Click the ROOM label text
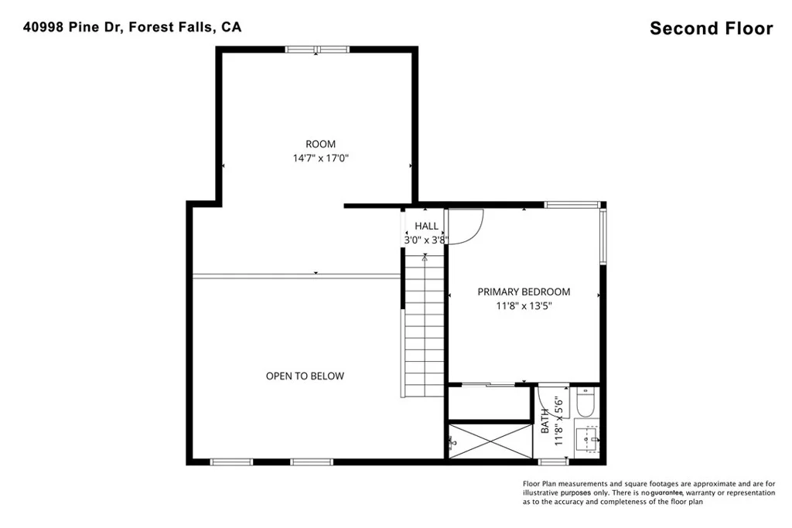click(x=320, y=144)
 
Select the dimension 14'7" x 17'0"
click(x=321, y=158)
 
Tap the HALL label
click(x=426, y=227)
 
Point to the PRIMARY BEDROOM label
click(x=524, y=291)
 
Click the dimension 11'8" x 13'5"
click(x=524, y=306)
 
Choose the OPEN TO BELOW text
click(x=305, y=376)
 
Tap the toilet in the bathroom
click(x=586, y=402)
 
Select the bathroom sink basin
click(x=587, y=439)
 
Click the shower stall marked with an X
click(x=490, y=441)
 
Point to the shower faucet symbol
click(x=451, y=442)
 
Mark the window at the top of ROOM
click(x=317, y=49)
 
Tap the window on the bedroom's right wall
click(x=603, y=237)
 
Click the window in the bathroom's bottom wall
click(x=554, y=462)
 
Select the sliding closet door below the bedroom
click(x=489, y=385)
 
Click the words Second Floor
click(x=712, y=29)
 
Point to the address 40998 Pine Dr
click(x=73, y=27)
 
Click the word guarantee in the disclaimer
click(x=667, y=492)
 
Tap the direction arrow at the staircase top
click(x=425, y=258)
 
